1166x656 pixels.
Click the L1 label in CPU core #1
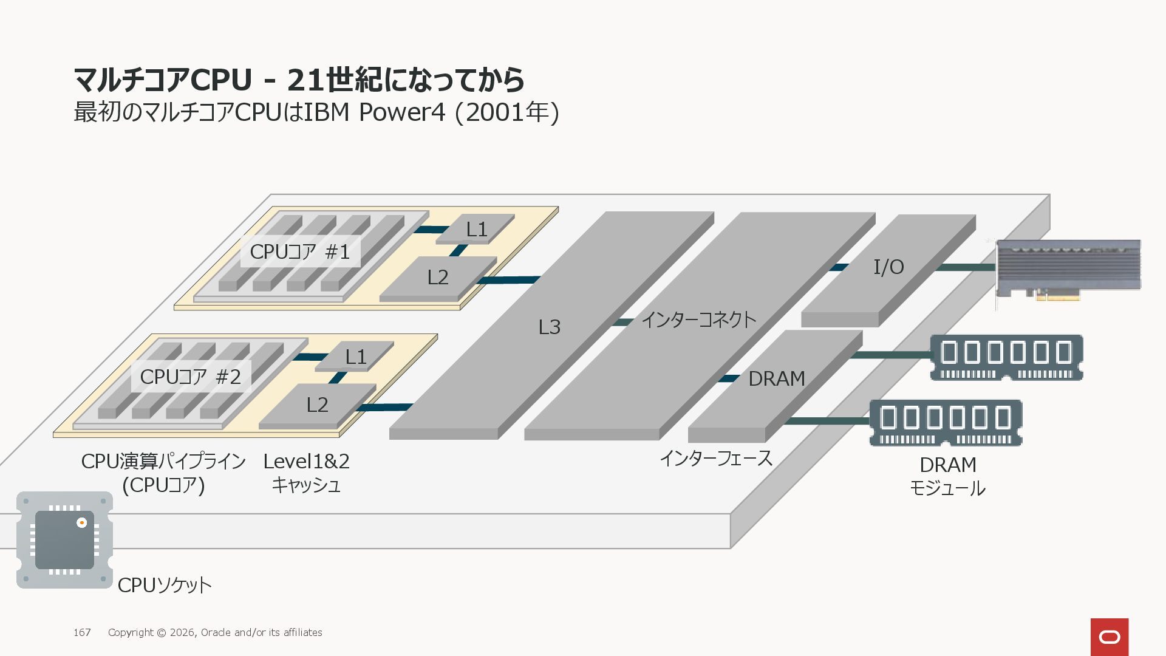477,230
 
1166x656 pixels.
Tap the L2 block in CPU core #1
437,278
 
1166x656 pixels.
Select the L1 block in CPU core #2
355,357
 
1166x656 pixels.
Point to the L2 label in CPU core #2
317,405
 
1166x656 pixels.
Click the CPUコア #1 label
300,251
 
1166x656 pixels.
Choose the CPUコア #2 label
191,377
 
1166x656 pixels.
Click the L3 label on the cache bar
550,327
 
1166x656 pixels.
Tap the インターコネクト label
699,319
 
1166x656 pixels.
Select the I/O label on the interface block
888,267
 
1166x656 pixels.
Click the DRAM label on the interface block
777,378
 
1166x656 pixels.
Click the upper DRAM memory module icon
1006,357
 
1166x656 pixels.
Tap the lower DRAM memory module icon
946,423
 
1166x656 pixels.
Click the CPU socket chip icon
64,539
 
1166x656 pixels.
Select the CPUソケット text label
165,585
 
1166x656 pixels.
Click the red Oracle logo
1110,637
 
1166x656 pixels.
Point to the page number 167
82,632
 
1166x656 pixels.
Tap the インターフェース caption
716,458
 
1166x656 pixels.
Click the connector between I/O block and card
966,267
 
